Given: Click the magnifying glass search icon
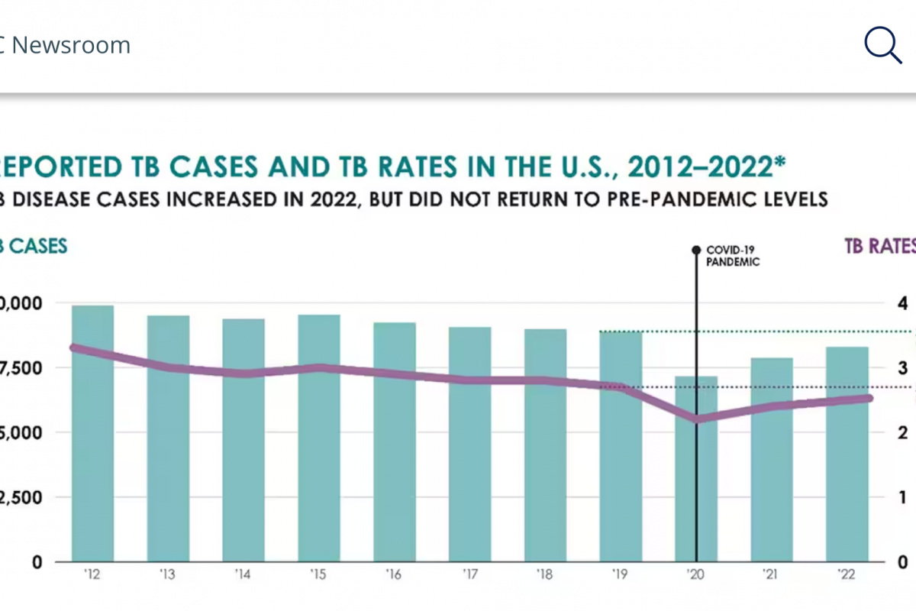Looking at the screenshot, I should [882, 45].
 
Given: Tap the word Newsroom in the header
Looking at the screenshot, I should [71, 45].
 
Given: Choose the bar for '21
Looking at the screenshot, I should [772, 459].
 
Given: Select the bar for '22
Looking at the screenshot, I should [847, 454].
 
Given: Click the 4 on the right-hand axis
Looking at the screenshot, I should [903, 303].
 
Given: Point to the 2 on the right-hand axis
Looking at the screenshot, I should [903, 432].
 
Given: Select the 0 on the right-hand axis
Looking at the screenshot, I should [903, 562].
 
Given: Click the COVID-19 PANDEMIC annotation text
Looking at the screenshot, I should [733, 255].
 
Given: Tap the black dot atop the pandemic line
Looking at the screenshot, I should [696, 250].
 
